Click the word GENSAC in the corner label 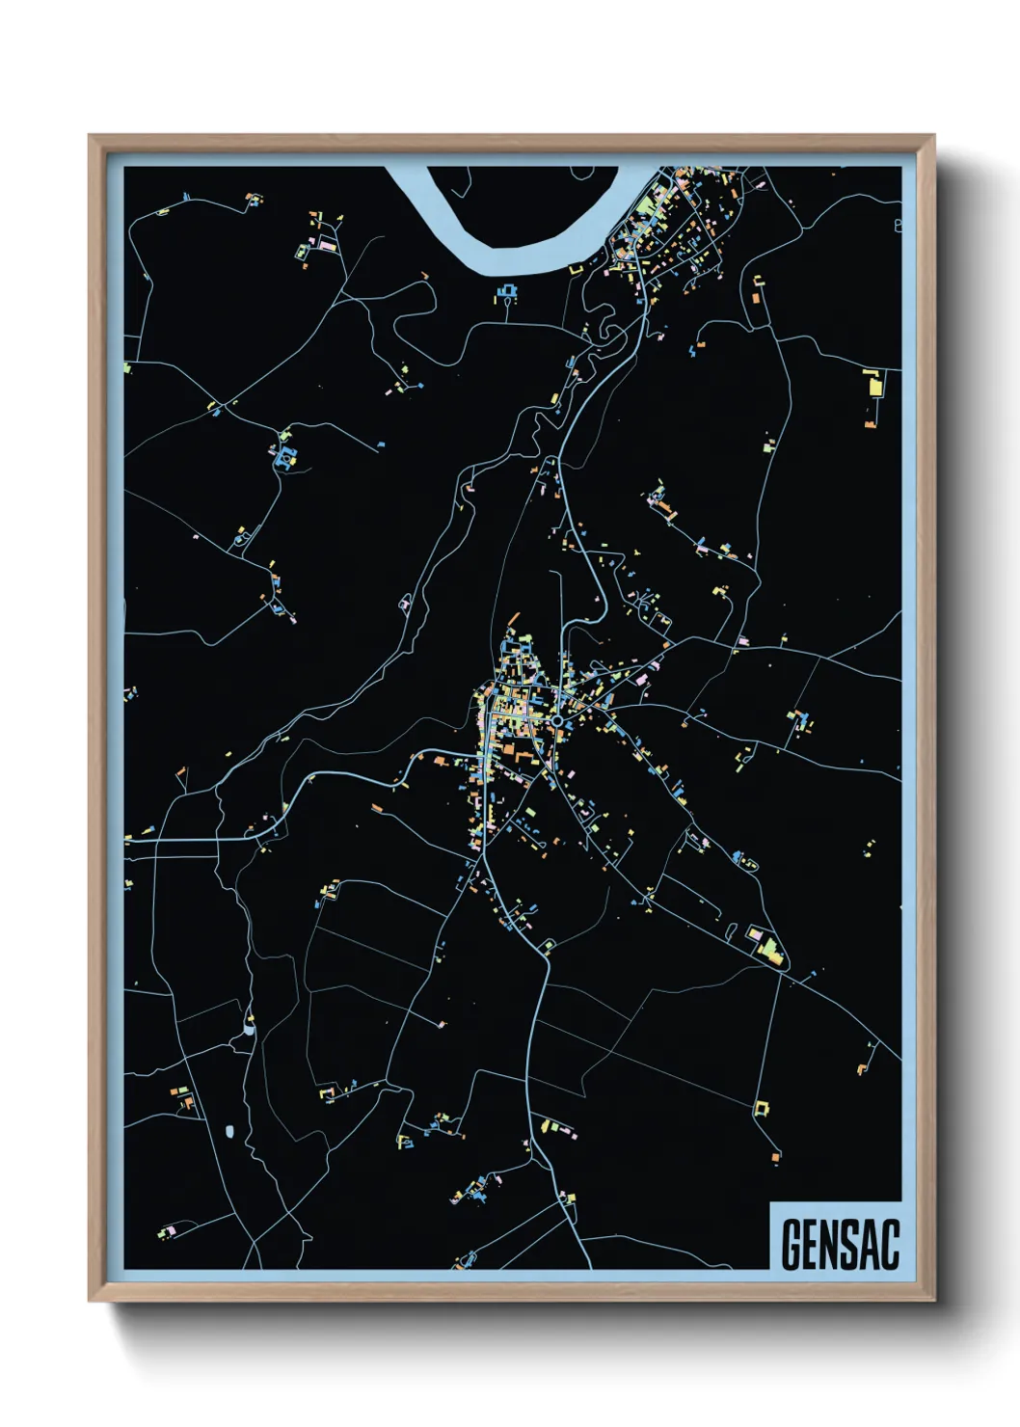(839, 1244)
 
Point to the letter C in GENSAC (889, 1244)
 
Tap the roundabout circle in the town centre (557, 720)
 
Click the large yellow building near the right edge (876, 386)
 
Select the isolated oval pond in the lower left (229, 1131)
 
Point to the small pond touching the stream (249, 1028)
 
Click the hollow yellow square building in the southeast (761, 1109)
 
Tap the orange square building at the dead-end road (774, 1156)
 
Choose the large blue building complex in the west (284, 457)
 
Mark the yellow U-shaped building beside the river (576, 270)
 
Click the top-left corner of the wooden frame (90, 137)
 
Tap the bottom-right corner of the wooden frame (933, 1301)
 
